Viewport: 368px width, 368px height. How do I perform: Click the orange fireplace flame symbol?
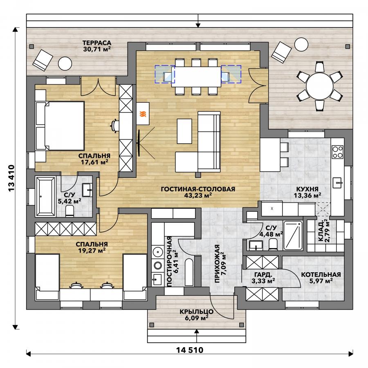click(x=143, y=114)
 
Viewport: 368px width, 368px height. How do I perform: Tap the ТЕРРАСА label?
click(x=96, y=43)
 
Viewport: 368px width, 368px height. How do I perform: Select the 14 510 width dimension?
click(x=190, y=350)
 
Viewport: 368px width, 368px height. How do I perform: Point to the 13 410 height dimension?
click(x=11, y=178)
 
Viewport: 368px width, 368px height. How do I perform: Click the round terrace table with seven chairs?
click(x=319, y=86)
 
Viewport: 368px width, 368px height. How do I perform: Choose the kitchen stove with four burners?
click(x=337, y=152)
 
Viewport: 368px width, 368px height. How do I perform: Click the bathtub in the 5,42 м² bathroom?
click(x=45, y=196)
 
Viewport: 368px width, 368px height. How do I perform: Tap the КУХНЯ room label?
click(x=307, y=189)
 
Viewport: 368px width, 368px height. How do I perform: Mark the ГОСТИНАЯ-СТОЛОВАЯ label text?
click(x=198, y=189)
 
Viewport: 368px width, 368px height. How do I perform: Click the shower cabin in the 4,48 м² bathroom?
click(x=293, y=235)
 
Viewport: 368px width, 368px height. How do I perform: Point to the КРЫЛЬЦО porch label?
click(x=197, y=312)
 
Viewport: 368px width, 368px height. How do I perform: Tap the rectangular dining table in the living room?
click(x=196, y=77)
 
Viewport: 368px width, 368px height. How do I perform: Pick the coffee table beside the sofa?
click(x=184, y=131)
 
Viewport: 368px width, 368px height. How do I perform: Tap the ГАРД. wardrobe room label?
click(x=263, y=275)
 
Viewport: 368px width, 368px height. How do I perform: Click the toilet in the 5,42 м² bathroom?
click(x=70, y=210)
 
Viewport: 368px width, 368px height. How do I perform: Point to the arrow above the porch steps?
click(x=197, y=336)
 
